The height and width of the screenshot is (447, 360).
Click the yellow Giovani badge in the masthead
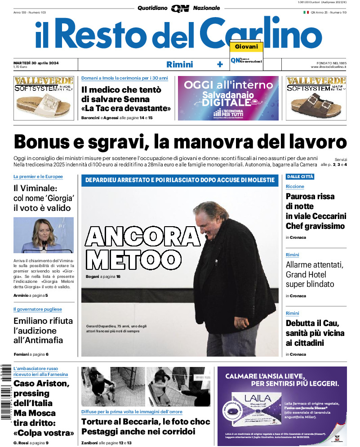[x=246, y=47]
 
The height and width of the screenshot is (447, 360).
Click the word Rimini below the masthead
[x=179, y=64]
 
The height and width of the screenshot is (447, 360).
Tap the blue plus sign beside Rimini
[x=220, y=64]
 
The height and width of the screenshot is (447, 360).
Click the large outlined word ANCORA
[x=143, y=237]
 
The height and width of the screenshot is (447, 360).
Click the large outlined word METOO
[x=131, y=259]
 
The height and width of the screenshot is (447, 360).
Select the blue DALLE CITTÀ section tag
[x=300, y=177]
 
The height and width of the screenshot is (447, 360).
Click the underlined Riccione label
[x=295, y=186]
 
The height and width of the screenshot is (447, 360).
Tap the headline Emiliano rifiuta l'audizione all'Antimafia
[x=43, y=330]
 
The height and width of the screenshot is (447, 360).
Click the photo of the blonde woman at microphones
[x=44, y=235]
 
